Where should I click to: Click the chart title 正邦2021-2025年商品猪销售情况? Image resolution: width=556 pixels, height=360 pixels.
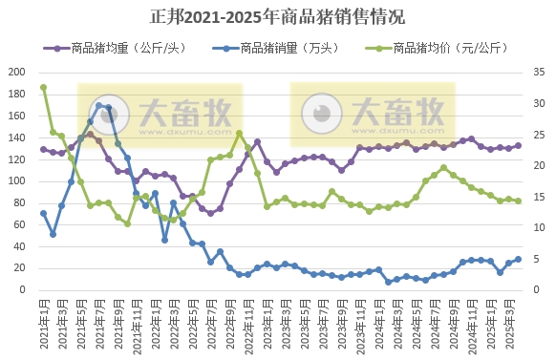click(277, 16)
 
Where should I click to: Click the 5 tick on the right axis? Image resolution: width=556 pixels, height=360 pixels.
click(538, 259)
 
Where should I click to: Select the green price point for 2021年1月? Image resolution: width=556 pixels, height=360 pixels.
click(43, 88)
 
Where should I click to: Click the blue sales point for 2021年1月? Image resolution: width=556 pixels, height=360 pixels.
click(43, 213)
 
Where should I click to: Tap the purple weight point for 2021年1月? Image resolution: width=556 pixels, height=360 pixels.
click(43, 149)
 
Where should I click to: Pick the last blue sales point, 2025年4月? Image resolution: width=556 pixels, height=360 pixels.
click(519, 259)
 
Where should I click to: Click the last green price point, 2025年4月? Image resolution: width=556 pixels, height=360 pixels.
click(519, 201)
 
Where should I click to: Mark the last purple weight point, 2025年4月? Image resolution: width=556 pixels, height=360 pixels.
click(519, 146)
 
